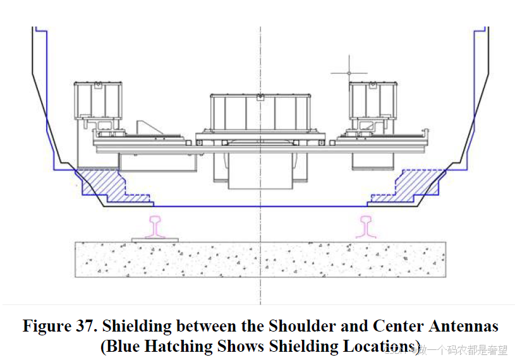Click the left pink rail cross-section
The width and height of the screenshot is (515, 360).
(155, 227)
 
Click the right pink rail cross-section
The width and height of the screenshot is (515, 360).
(366, 227)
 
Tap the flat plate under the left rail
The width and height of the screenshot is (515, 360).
(155, 239)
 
